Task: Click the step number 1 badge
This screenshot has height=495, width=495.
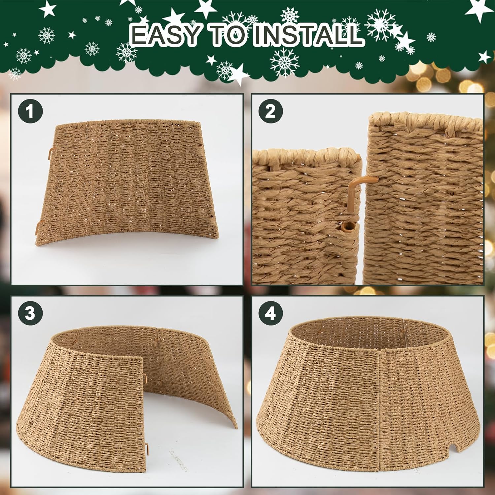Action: [x=30, y=111]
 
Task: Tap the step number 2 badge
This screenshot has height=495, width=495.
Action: [x=271, y=111]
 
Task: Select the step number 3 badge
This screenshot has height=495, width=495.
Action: [x=30, y=313]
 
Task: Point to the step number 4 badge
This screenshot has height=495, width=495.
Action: [x=271, y=313]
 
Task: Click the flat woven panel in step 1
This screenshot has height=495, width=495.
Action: [x=127, y=181]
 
